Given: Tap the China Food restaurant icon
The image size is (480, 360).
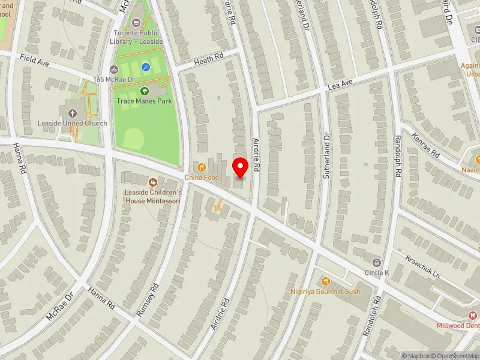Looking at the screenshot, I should pyautogui.click(x=202, y=167).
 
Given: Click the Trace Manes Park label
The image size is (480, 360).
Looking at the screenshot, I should pyautogui.click(x=144, y=101).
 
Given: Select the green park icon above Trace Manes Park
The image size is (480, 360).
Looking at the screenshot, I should pyautogui.click(x=145, y=91).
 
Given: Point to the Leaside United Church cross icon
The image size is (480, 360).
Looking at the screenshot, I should pyautogui.click(x=73, y=113).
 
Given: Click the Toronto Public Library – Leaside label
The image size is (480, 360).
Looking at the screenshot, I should pyautogui.click(x=136, y=37).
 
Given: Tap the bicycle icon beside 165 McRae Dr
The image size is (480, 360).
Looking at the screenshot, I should pyautogui.click(x=114, y=69).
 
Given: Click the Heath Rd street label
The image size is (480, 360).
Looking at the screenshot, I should pyautogui.click(x=208, y=59).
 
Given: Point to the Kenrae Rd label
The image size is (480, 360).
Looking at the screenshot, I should pyautogui.click(x=425, y=146).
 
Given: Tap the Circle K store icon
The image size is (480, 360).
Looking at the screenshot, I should pyautogui.click(x=377, y=262).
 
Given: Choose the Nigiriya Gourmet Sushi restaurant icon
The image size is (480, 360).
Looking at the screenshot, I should pyautogui.click(x=326, y=280).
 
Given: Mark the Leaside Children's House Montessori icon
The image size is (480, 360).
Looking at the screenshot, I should pyautogui.click(x=152, y=182).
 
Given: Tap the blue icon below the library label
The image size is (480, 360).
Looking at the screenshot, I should pyautogui.click(x=145, y=68).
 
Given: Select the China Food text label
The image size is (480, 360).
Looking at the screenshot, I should pyautogui.click(x=202, y=178).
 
